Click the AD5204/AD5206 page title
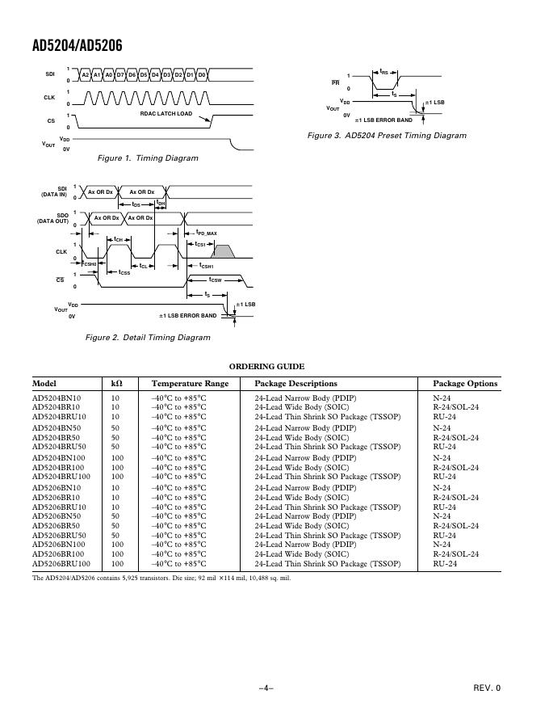(77, 46)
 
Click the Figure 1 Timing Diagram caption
(148, 158)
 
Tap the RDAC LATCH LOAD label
(167, 113)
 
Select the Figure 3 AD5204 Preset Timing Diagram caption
(387, 136)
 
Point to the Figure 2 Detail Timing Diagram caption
(148, 337)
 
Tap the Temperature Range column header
(190, 384)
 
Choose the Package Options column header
(465, 384)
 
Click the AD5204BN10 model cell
(57, 398)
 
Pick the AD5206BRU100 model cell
(61, 563)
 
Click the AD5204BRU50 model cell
(59, 446)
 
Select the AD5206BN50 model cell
(57, 515)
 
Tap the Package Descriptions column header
(295, 384)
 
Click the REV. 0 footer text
(486, 688)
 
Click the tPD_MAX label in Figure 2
(206, 233)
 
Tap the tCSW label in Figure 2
(210, 280)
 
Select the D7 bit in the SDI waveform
(119, 75)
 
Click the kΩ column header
(116, 384)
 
